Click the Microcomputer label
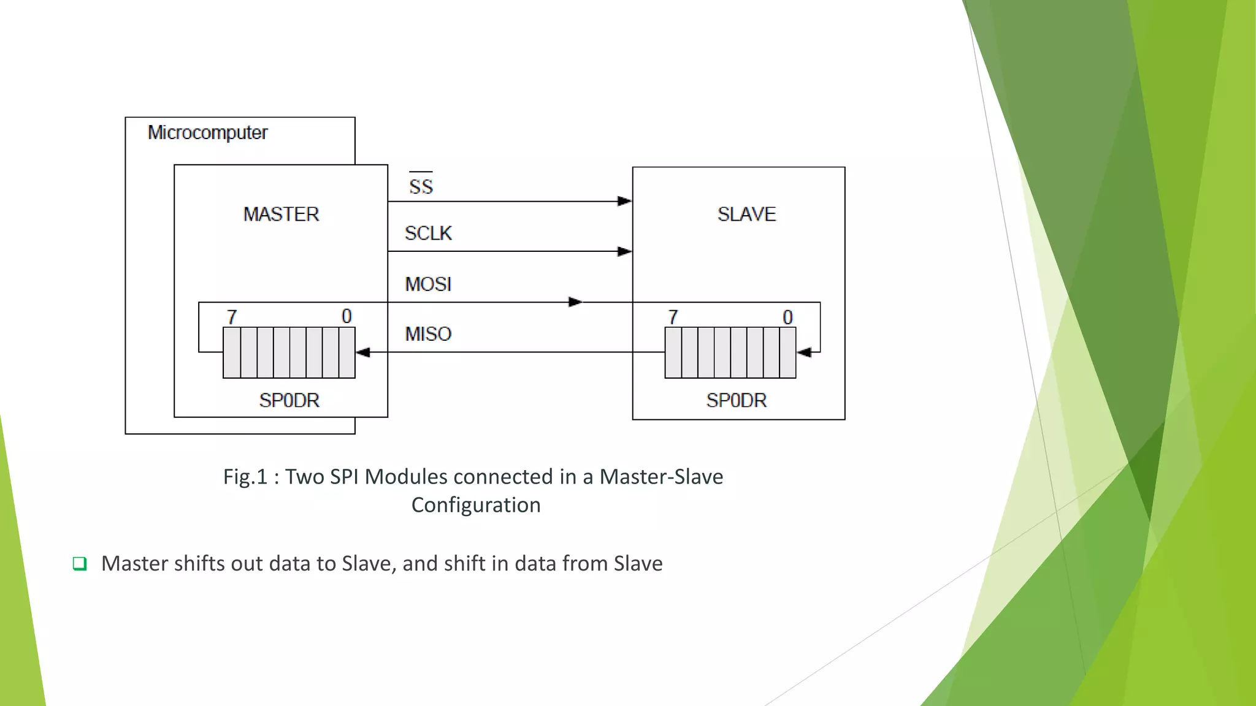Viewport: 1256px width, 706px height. [207, 132]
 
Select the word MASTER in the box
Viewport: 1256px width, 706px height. [281, 214]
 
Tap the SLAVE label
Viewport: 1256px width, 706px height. [746, 214]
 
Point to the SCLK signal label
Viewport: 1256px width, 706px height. [428, 233]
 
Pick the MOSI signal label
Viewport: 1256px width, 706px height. [428, 284]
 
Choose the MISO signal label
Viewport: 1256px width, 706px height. [428, 334]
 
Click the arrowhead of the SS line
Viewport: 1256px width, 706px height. [624, 201]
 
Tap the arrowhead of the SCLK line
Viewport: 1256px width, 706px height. [624, 251]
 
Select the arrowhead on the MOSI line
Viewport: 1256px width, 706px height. [575, 302]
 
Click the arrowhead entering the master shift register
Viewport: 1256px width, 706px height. [363, 352]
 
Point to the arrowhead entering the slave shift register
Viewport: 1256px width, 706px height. [804, 352]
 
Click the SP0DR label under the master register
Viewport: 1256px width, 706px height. [289, 400]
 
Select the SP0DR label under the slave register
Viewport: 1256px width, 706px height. [736, 400]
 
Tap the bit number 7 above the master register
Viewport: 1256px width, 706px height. [232, 317]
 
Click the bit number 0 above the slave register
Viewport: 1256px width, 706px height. [787, 317]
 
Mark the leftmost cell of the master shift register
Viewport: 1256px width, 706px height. [232, 352]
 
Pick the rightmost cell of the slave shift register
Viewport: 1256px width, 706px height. [787, 352]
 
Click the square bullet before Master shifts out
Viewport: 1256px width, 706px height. [80, 563]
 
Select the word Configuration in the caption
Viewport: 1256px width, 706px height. [475, 505]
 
